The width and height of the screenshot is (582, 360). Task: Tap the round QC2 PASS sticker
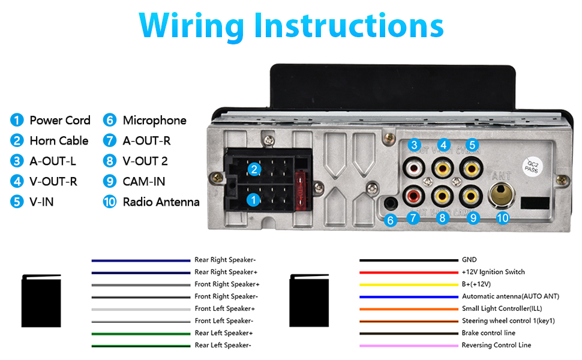532,167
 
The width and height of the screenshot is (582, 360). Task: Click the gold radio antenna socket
502,194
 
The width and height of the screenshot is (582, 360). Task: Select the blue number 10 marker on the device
503,218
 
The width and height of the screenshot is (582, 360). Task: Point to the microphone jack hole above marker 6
390,203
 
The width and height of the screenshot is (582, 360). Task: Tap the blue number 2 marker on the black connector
254,170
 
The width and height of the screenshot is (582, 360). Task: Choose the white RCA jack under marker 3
414,169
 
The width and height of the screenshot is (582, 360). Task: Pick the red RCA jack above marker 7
413,196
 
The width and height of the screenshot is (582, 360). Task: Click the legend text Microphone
154,121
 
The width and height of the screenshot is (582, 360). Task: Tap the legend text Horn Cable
59,140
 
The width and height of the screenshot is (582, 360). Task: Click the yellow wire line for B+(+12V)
409,285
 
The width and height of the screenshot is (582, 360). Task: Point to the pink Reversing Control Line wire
409,346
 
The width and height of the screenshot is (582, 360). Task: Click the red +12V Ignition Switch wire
409,273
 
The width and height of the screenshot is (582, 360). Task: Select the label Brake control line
488,333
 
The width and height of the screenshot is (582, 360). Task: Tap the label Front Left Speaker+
224,308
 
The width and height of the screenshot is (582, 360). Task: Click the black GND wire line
409,260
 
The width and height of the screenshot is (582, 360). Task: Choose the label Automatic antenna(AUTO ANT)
511,296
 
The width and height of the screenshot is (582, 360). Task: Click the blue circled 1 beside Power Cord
17,120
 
